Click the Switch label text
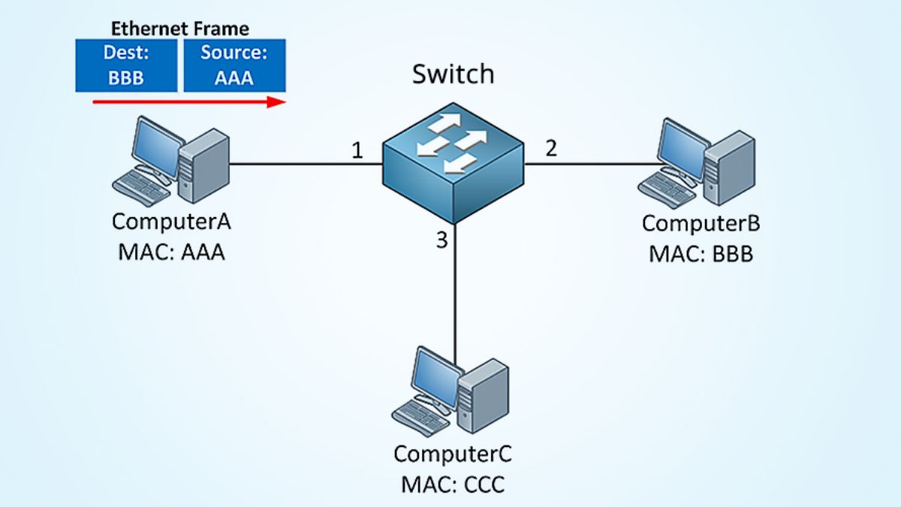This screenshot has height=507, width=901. click(x=453, y=74)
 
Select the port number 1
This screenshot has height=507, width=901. click(x=357, y=150)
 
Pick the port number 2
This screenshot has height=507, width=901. click(x=551, y=148)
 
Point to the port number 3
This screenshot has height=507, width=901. click(x=441, y=240)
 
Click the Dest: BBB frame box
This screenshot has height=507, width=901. click(x=126, y=65)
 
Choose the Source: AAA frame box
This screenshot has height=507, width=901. click(x=234, y=65)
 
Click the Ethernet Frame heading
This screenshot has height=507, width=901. click(x=180, y=29)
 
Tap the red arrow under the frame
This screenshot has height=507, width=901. click(x=188, y=101)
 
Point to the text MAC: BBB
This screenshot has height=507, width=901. click(x=701, y=254)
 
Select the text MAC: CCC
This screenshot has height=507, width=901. click(x=453, y=484)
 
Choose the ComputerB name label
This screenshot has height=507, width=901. click(x=701, y=223)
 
